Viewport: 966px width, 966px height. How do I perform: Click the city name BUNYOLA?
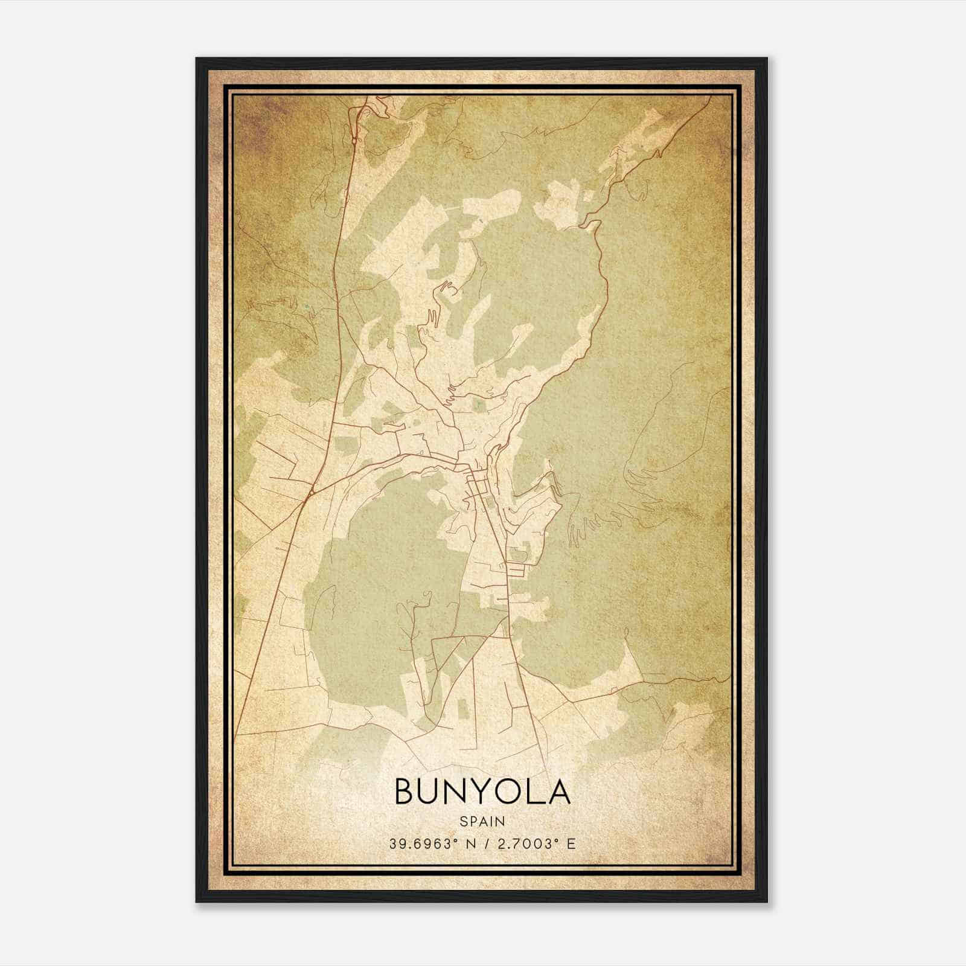(x=482, y=791)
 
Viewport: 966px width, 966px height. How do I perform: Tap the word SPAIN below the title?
(x=482, y=822)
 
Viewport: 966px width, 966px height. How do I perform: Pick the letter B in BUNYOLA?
(x=406, y=791)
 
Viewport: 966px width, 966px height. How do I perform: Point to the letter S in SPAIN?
(x=463, y=822)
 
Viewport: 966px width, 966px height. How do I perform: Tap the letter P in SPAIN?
(x=473, y=822)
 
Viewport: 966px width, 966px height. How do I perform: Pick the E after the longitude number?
(x=571, y=843)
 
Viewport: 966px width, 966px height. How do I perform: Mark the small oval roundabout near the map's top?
(x=354, y=141)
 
